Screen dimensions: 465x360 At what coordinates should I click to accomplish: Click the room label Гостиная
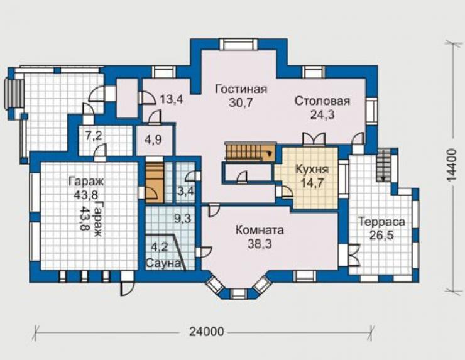pos(241,89)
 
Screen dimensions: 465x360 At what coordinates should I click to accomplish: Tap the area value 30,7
pos(241,102)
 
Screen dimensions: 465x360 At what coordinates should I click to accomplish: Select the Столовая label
pos(322,101)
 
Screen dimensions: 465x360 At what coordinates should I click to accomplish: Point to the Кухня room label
pos(312,170)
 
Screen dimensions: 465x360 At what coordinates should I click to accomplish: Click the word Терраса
pos(381,222)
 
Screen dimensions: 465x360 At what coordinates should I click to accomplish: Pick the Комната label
pos(260,230)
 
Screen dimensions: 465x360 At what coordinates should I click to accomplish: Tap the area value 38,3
pos(260,244)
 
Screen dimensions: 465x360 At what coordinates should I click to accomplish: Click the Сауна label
pos(163,263)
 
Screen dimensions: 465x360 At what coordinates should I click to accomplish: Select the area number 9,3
pos(182,219)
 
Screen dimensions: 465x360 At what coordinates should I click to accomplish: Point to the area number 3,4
pos(185,190)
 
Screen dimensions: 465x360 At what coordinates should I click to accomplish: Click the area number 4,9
pos(153,139)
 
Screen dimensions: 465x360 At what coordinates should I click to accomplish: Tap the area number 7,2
pos(94,136)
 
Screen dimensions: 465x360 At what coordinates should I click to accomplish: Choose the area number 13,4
pos(171,99)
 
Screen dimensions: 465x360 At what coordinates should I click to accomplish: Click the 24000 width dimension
pos(207,332)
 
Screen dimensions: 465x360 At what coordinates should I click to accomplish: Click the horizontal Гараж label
pos(86,181)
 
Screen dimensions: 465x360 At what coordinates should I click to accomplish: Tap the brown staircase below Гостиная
pos(249,151)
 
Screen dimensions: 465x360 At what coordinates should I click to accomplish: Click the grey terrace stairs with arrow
pos(385,165)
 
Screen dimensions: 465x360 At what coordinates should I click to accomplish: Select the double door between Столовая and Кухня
pos(314,139)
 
